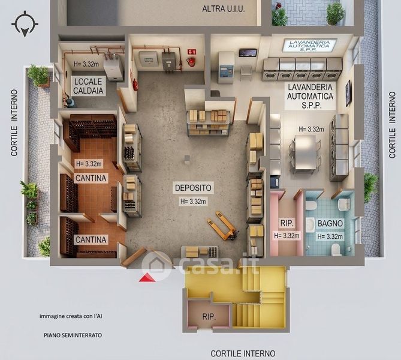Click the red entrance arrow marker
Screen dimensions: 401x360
pyautogui.click(x=147, y=278)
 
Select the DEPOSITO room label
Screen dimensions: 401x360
pyautogui.click(x=194, y=188)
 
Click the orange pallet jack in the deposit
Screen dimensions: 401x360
pyautogui.click(x=223, y=226)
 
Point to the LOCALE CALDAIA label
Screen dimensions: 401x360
pyautogui.click(x=88, y=86)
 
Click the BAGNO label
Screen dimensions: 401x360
pyautogui.click(x=330, y=223)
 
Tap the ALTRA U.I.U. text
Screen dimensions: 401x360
pyautogui.click(x=223, y=9)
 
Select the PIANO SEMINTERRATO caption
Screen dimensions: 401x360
pyautogui.click(x=73, y=335)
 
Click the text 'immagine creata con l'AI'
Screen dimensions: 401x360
pyautogui.click(x=71, y=316)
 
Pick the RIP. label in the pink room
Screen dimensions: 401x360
pyautogui.click(x=287, y=223)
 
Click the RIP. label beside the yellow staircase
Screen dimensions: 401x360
pyautogui.click(x=209, y=317)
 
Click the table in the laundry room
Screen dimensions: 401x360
pyautogui.click(x=305, y=152)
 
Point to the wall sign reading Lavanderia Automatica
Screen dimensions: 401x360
pyautogui.click(x=309, y=46)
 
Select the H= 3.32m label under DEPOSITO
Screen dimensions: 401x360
pyautogui.click(x=193, y=202)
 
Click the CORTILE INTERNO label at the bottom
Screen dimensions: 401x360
pyautogui.click(x=243, y=353)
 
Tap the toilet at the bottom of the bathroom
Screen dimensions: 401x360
pyautogui.click(x=335, y=250)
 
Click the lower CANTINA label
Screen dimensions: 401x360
pyautogui.click(x=91, y=239)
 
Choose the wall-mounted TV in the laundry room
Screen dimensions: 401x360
pyautogui.click(x=348, y=93)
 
